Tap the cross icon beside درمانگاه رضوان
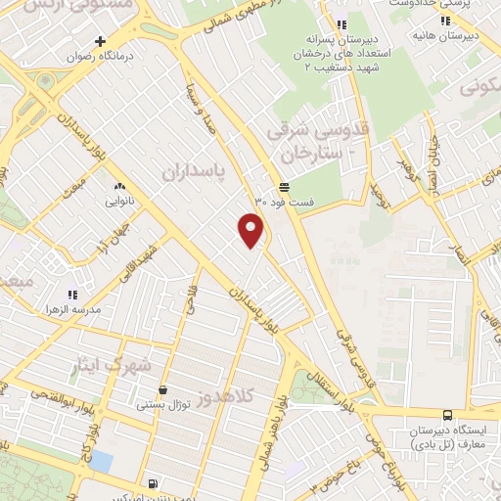tap(100, 41)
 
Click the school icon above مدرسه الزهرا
tap(71, 294)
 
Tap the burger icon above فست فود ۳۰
tap(284, 187)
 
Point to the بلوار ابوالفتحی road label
tap(56, 394)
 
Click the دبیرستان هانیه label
tap(470, 36)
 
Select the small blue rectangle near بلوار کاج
tap(101, 461)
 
